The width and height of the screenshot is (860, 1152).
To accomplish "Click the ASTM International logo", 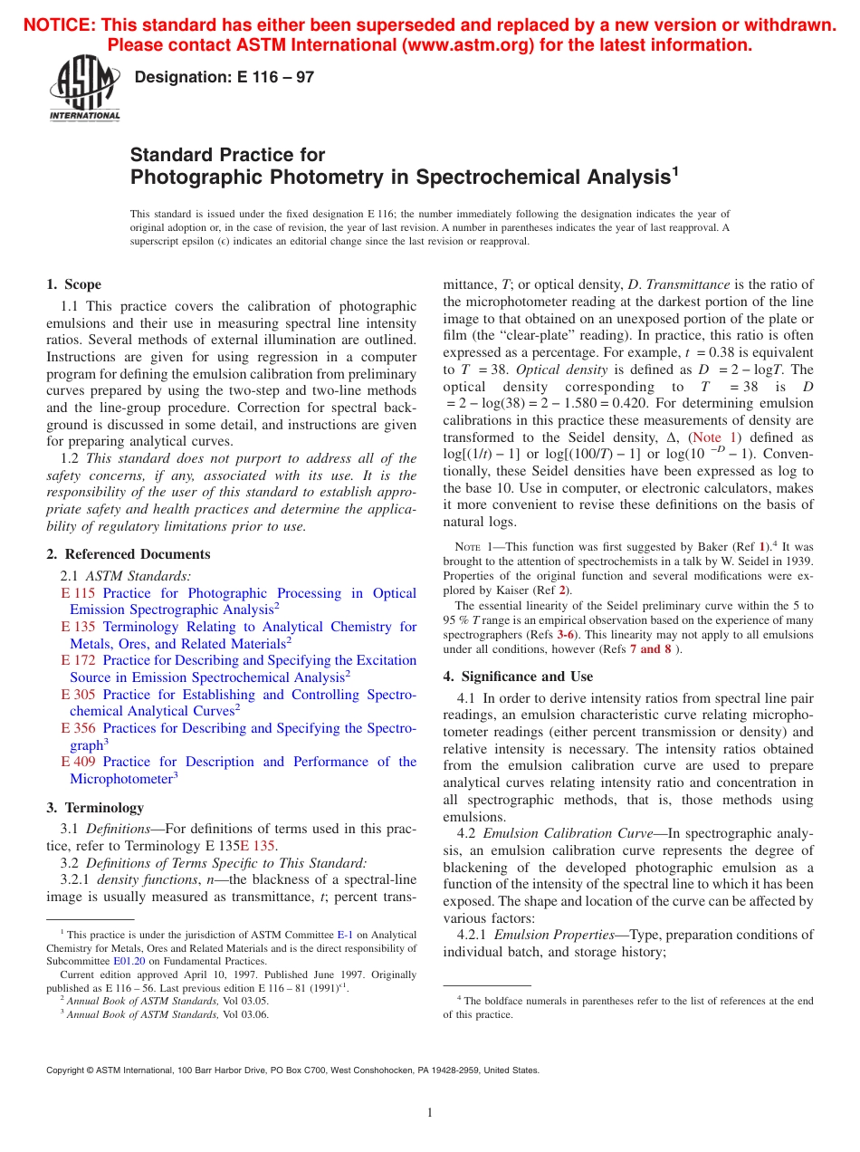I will (x=84, y=90).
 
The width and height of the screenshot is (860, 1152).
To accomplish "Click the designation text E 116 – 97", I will (x=224, y=78).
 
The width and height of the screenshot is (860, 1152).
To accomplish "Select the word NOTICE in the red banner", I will (x=58, y=25).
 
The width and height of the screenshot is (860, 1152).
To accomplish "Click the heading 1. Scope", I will (x=74, y=284).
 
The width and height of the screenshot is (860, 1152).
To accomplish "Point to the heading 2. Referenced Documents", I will (x=129, y=554).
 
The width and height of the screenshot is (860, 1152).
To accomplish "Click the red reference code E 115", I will (x=78, y=593).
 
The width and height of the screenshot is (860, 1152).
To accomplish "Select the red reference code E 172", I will (x=78, y=660).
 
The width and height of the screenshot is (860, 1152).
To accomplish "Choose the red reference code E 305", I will (x=78, y=695).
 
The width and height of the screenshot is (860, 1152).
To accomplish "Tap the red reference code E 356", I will (x=78, y=728).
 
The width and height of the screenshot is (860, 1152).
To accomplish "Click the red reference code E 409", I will (x=78, y=762).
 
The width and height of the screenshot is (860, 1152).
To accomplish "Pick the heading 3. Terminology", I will (x=95, y=807).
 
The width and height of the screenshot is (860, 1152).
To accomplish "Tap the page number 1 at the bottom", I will (x=430, y=1113).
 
